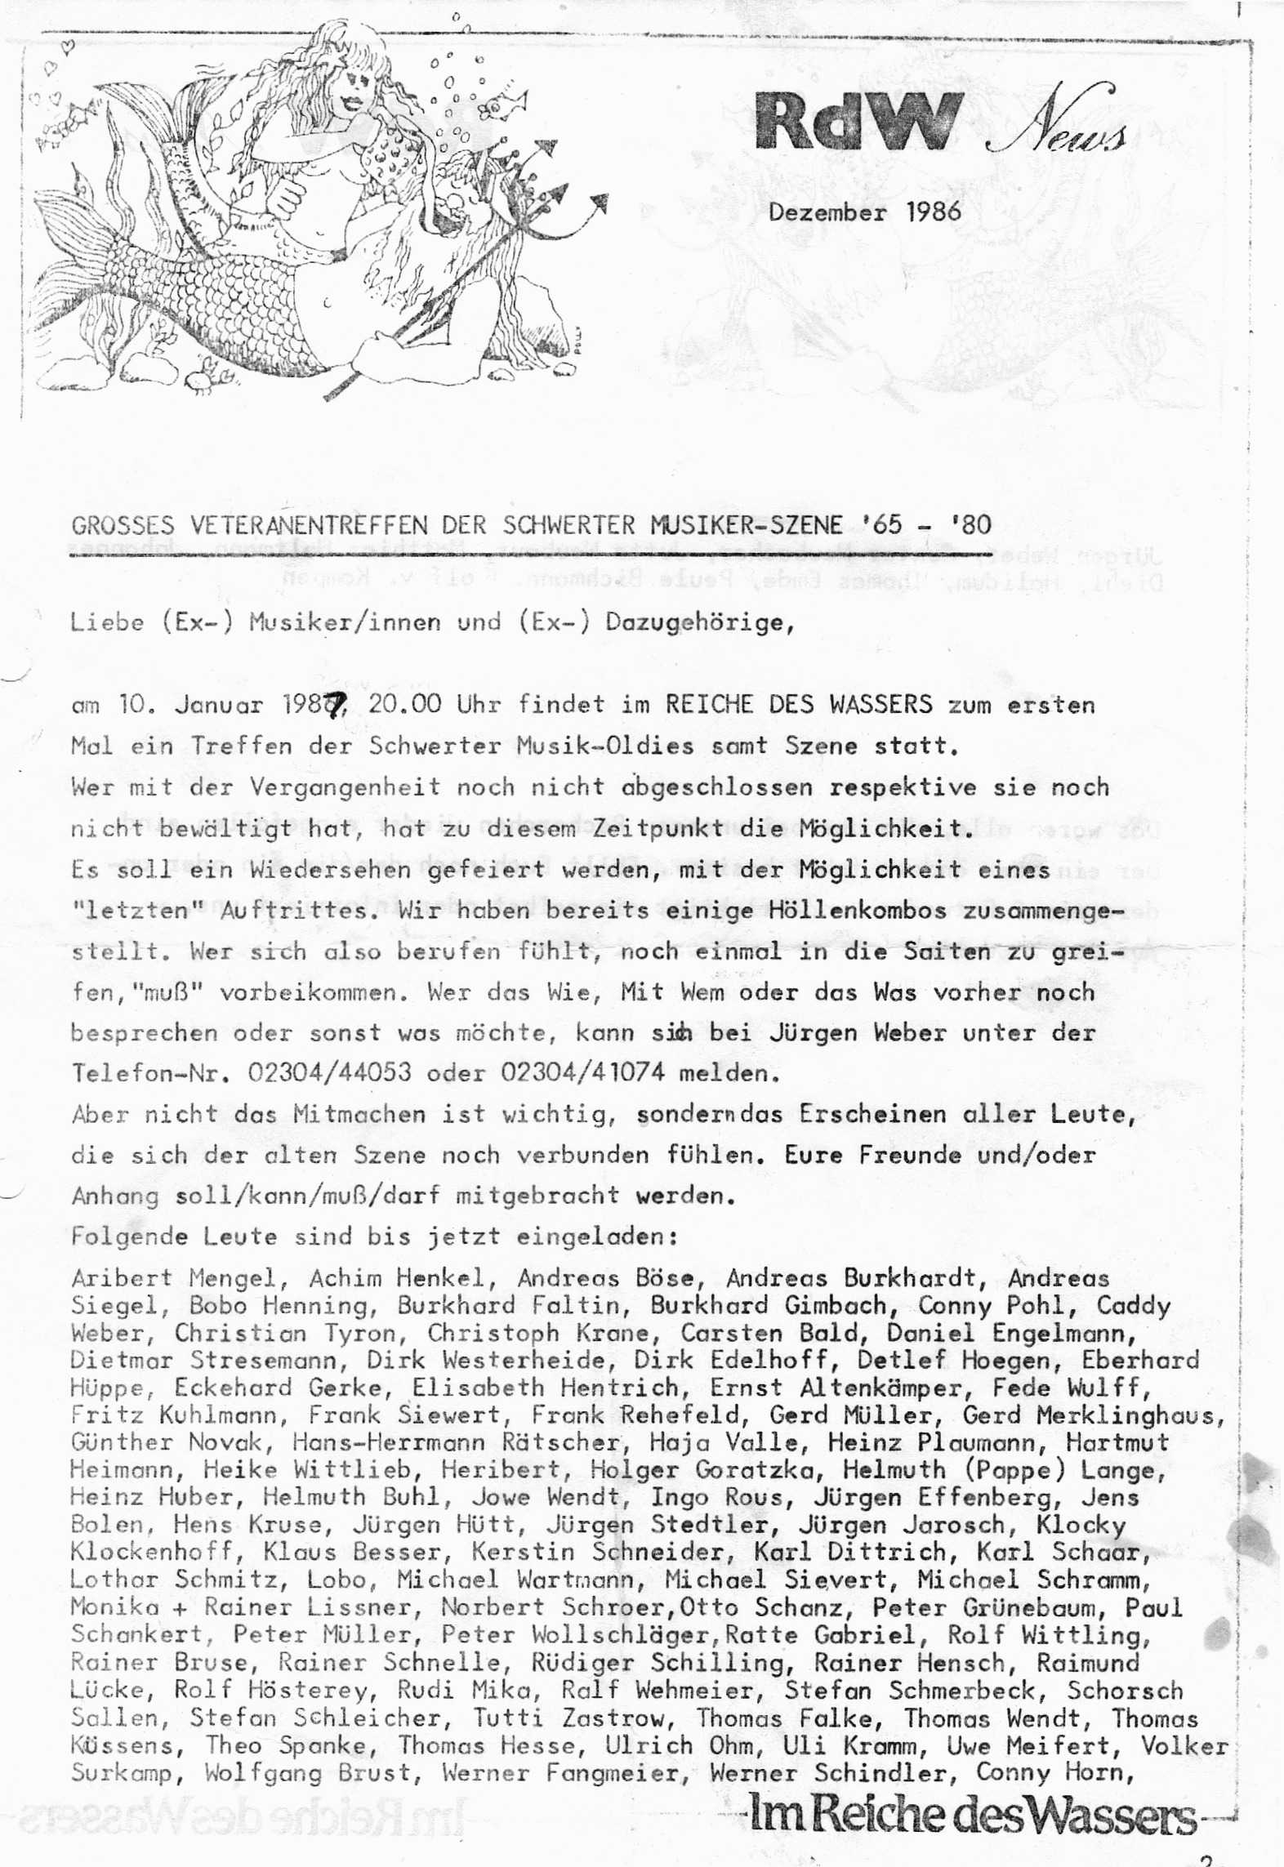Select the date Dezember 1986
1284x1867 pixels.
click(864, 212)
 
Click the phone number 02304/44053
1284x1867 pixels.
click(329, 1072)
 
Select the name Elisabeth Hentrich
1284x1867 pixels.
click(545, 1388)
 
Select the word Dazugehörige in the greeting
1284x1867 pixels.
click(698, 622)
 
